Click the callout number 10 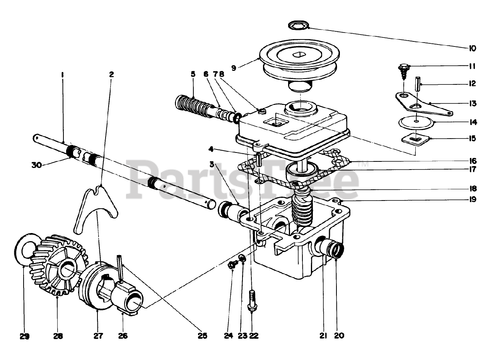(x=472, y=48)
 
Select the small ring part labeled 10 (x=299, y=26)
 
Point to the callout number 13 (x=472, y=103)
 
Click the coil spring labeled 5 (x=191, y=104)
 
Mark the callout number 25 (x=202, y=336)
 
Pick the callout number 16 (x=472, y=160)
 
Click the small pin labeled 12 (x=418, y=84)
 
